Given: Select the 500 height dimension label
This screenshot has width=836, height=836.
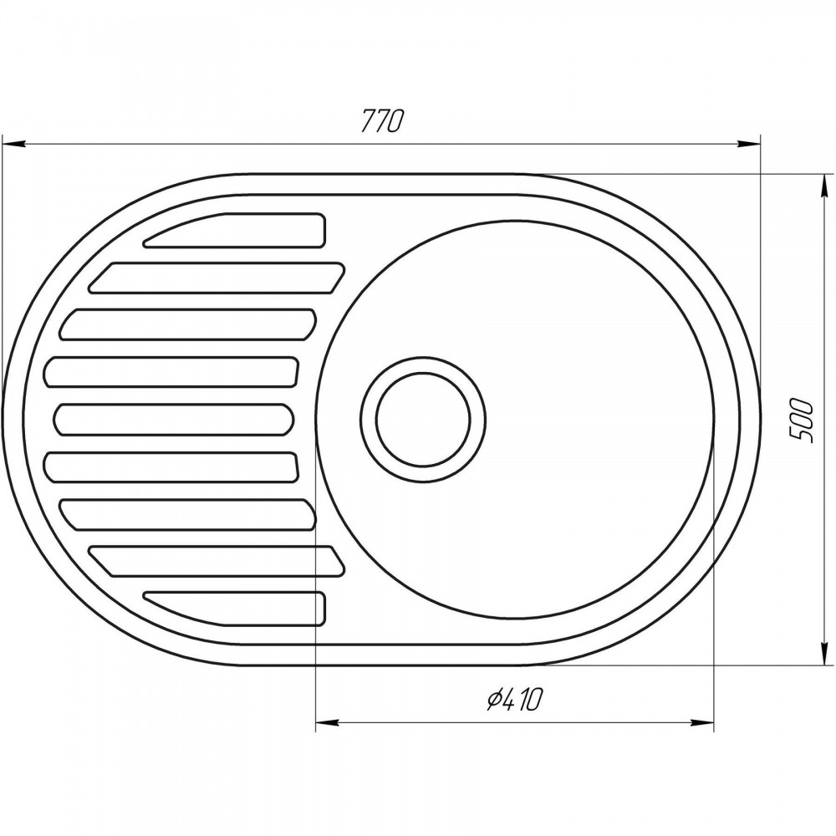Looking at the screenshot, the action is [802, 421].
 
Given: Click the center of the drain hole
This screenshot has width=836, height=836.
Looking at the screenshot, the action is [423, 419].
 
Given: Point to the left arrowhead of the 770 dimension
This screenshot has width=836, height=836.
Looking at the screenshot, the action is [14, 144].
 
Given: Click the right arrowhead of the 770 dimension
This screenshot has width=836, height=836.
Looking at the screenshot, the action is [748, 144].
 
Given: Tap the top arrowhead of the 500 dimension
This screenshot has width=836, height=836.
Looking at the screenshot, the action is [824, 186].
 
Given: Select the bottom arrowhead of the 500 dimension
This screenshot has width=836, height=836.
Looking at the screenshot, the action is [824, 653].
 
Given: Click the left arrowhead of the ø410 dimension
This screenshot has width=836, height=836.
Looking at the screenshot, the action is [328, 723].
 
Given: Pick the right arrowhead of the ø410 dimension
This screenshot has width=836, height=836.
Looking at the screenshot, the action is [701, 723].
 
